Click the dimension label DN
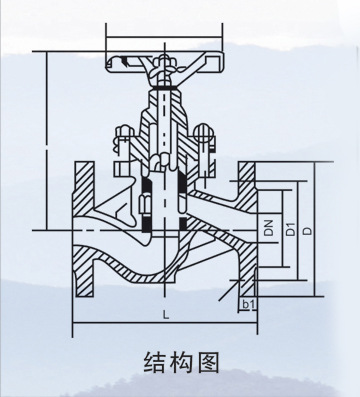268,229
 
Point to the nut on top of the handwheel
161,59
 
